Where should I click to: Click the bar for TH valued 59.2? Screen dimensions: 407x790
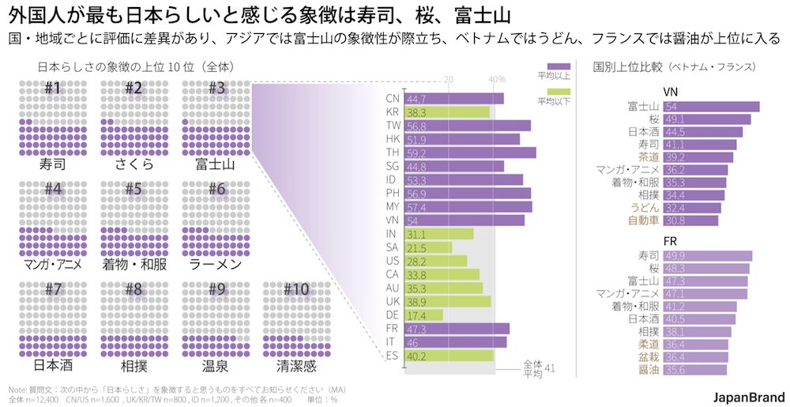click(x=469, y=153)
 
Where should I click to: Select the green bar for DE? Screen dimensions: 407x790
click(x=423, y=315)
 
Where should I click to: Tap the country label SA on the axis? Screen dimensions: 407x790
click(x=392, y=247)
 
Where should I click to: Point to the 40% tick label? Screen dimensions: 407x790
click(x=497, y=80)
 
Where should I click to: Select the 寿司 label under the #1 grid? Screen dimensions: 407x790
click(x=53, y=165)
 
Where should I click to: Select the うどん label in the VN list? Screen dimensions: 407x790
click(x=644, y=207)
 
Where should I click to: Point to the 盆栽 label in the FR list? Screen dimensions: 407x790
click(x=649, y=356)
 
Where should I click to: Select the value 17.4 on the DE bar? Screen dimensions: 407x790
click(x=416, y=315)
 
